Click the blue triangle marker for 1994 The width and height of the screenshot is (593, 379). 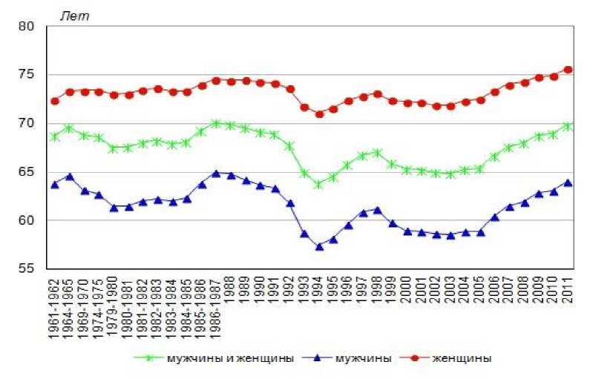point(319,246)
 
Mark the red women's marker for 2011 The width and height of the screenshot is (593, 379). point(568,70)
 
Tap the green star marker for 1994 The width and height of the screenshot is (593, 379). point(319,184)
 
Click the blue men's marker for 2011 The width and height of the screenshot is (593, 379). point(568,182)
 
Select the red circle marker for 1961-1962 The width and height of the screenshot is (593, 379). point(54,101)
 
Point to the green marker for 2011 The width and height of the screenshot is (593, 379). point(568,126)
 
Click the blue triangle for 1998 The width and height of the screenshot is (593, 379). point(378,210)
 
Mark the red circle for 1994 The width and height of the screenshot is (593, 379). point(319,114)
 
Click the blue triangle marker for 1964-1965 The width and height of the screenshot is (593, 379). point(69,177)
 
